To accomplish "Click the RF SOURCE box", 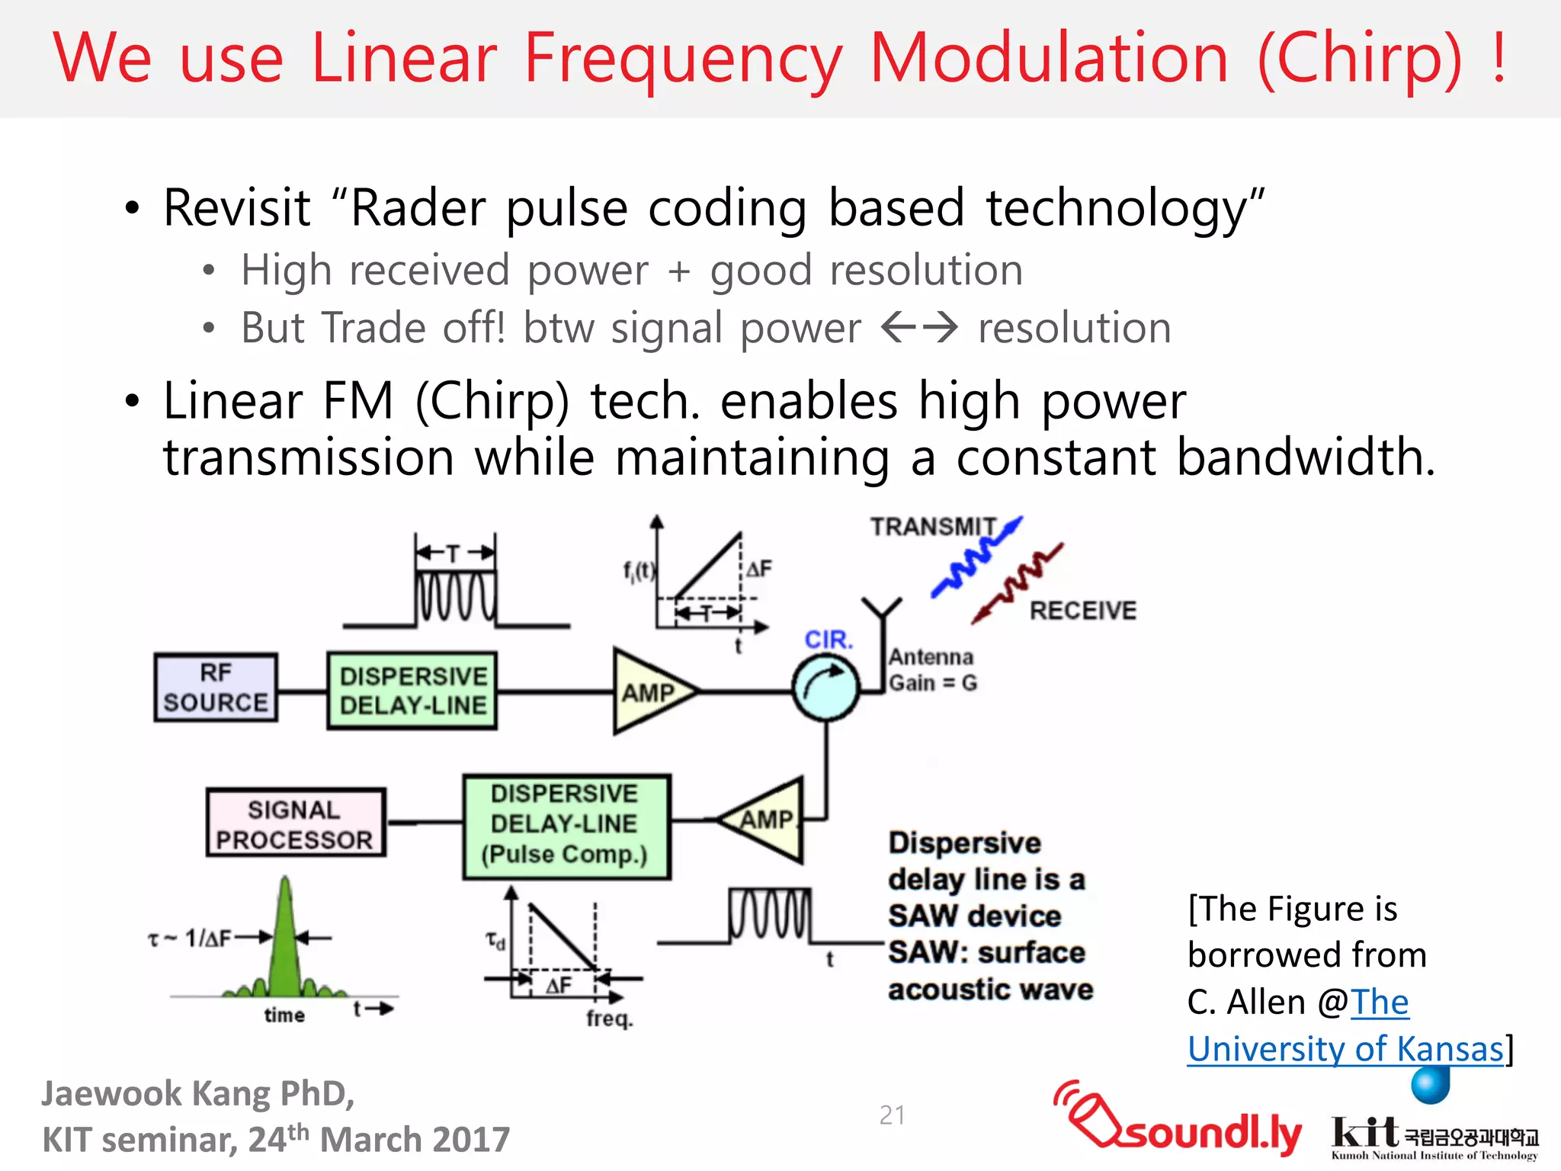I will pos(216,688).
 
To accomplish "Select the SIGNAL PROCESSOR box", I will pos(296,823).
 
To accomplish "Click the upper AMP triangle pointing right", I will pos(648,691).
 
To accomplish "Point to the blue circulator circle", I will pos(825,688).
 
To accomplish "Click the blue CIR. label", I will pos(829,639).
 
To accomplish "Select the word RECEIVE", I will pos(1082,611).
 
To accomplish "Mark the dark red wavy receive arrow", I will pos(1018,583).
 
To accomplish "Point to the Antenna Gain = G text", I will pos(932,669).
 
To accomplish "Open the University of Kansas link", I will pos(1345,1048).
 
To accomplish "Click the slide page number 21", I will pos(892,1115).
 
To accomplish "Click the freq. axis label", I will pos(610,1018).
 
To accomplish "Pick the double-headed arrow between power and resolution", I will pos(919,329).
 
